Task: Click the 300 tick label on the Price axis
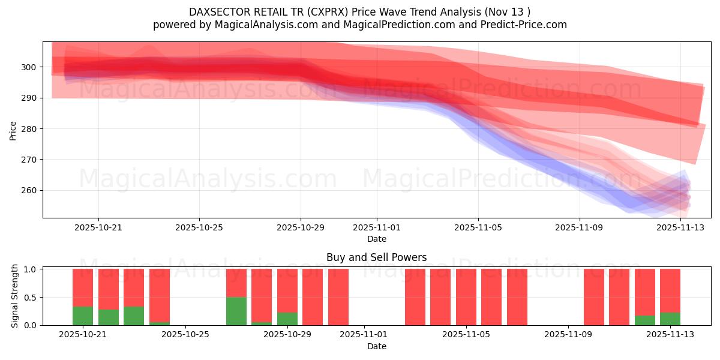tap(29, 67)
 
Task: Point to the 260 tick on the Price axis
tap(29, 191)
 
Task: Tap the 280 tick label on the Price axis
tap(29, 129)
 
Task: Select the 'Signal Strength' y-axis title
tap(15, 296)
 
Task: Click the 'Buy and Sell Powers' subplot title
tap(376, 257)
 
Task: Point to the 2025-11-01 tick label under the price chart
tap(377, 227)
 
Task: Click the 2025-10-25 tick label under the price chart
tap(199, 227)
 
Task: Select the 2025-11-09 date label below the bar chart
tap(567, 335)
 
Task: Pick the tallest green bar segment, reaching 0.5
tap(236, 311)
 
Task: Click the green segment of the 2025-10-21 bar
tap(83, 316)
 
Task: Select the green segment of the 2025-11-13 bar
tap(670, 319)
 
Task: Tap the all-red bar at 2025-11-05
tap(466, 297)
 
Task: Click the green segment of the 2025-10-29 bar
tap(287, 319)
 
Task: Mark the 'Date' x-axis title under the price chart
tap(376, 239)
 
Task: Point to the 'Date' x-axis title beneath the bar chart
tap(376, 346)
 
